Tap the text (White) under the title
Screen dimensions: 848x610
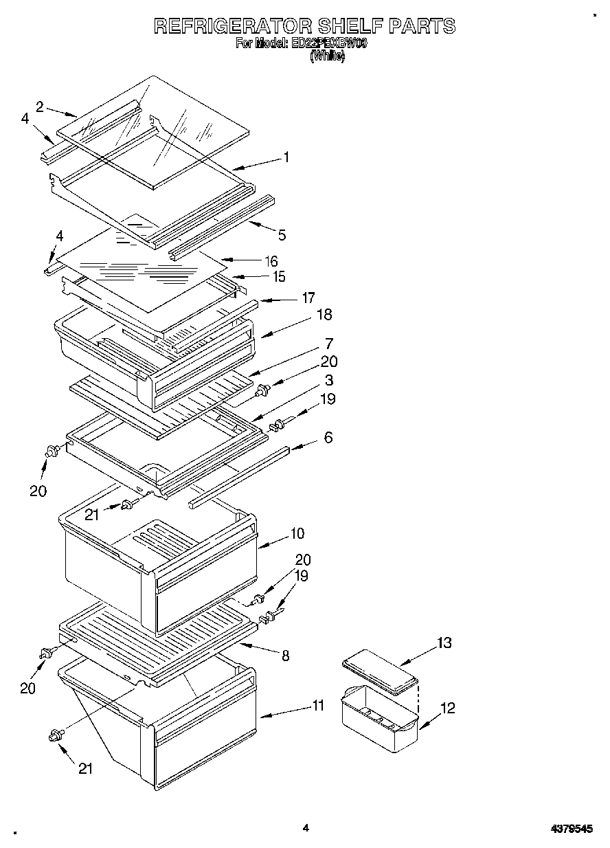point(327,56)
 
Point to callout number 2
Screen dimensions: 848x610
point(40,106)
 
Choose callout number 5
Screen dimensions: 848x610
point(282,235)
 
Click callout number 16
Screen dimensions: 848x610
point(272,261)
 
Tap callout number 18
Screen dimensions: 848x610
point(324,315)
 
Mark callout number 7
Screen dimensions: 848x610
point(329,343)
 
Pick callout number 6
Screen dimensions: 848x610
point(328,437)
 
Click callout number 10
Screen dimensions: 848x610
point(297,533)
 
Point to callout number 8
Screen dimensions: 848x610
point(284,656)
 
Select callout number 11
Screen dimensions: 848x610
point(318,705)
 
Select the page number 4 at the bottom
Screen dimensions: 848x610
point(306,828)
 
